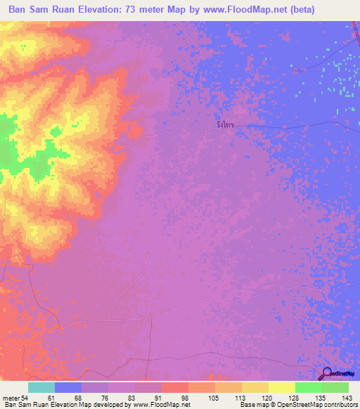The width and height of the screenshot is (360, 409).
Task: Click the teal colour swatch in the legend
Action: point(41,387)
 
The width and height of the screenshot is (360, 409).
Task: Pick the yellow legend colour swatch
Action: point(282,387)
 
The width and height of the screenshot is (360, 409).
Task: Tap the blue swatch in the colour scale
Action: point(67,387)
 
